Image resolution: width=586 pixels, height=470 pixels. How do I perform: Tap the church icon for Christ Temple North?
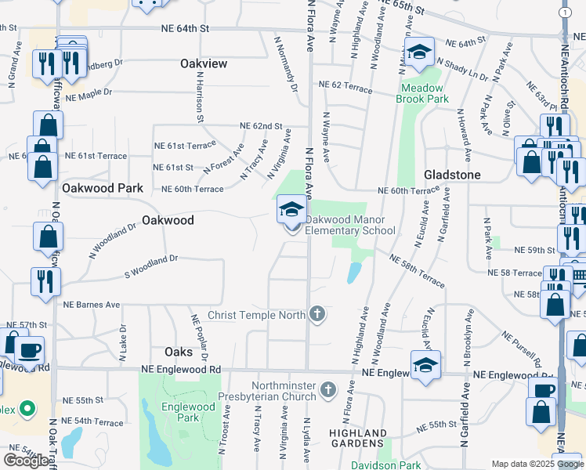pyautogui.click(x=317, y=315)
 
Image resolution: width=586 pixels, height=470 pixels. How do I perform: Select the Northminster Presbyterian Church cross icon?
pyautogui.click(x=329, y=389)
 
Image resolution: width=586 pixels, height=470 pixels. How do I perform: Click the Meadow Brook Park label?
pyautogui.click(x=423, y=94)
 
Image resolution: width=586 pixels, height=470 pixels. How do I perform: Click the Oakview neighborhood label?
pyautogui.click(x=204, y=63)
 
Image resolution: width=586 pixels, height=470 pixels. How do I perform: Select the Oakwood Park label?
pyautogui.click(x=103, y=188)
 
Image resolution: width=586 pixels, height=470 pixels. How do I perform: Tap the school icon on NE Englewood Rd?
pyautogui.click(x=425, y=366)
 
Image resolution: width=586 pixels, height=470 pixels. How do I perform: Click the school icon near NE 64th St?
pyautogui.click(x=419, y=52)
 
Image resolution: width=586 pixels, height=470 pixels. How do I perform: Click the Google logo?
pyautogui.click(x=26, y=461)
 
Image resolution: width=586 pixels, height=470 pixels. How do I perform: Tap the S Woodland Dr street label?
pyautogui.click(x=152, y=257)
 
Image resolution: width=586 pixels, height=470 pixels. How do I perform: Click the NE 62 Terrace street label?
pyautogui.click(x=345, y=85)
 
